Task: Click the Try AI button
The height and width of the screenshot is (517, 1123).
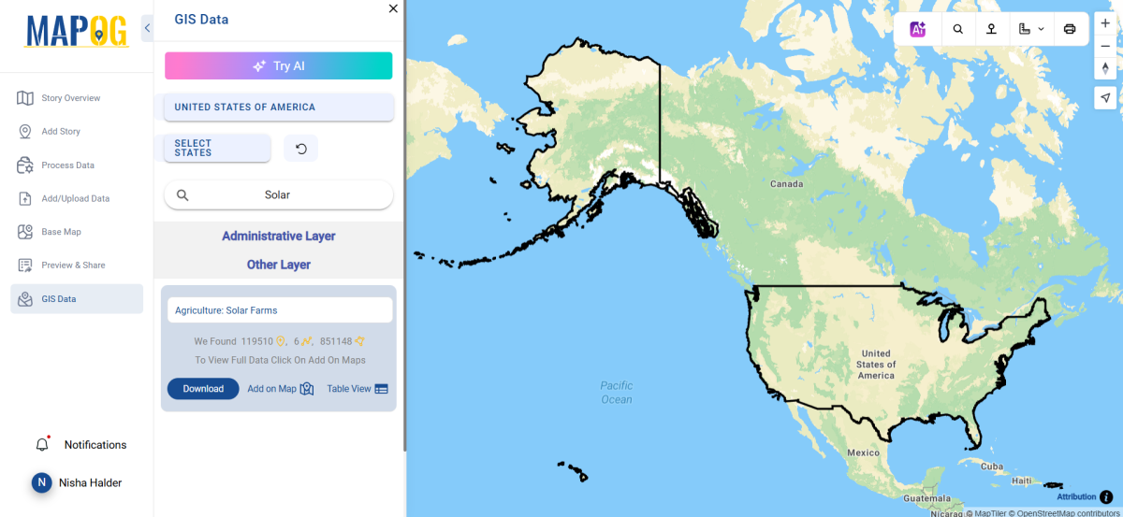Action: [278, 66]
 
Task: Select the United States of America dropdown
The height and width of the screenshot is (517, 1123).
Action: [278, 107]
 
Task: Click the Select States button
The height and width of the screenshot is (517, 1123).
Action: [217, 148]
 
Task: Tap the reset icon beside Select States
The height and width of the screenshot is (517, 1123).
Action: [300, 148]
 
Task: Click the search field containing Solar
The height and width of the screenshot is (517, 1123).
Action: [278, 194]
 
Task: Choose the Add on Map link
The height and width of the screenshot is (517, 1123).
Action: [280, 389]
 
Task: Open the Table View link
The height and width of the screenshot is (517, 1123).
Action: [357, 389]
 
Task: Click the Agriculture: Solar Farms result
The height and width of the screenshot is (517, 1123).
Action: [279, 310]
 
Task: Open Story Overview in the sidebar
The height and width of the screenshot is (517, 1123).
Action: [70, 98]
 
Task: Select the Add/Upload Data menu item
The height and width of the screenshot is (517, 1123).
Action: [75, 198]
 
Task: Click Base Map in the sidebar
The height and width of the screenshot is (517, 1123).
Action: [61, 232]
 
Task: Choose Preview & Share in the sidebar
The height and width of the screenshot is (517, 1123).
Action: [73, 266]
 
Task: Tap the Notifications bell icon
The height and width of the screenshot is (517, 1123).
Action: [42, 445]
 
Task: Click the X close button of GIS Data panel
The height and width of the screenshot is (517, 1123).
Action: [393, 8]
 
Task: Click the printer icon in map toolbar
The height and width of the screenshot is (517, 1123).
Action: [1070, 29]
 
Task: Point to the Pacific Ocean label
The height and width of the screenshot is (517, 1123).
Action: [617, 393]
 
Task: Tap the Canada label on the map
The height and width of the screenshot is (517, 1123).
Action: [786, 184]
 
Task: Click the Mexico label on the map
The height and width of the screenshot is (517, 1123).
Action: [863, 452]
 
